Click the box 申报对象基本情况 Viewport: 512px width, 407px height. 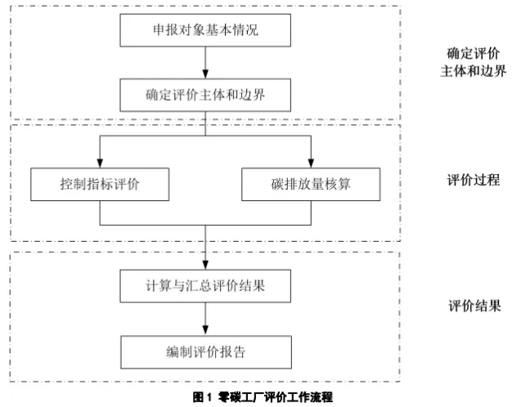click(x=204, y=33)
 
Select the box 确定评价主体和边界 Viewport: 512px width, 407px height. click(x=204, y=94)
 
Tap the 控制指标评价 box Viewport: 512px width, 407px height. click(x=100, y=184)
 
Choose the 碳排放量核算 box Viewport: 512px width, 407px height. click(x=311, y=184)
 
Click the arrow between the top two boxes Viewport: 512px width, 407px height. click(x=204, y=63)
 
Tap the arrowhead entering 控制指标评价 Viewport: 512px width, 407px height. click(x=100, y=162)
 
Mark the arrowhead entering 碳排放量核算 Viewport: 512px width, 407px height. click(x=311, y=162)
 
